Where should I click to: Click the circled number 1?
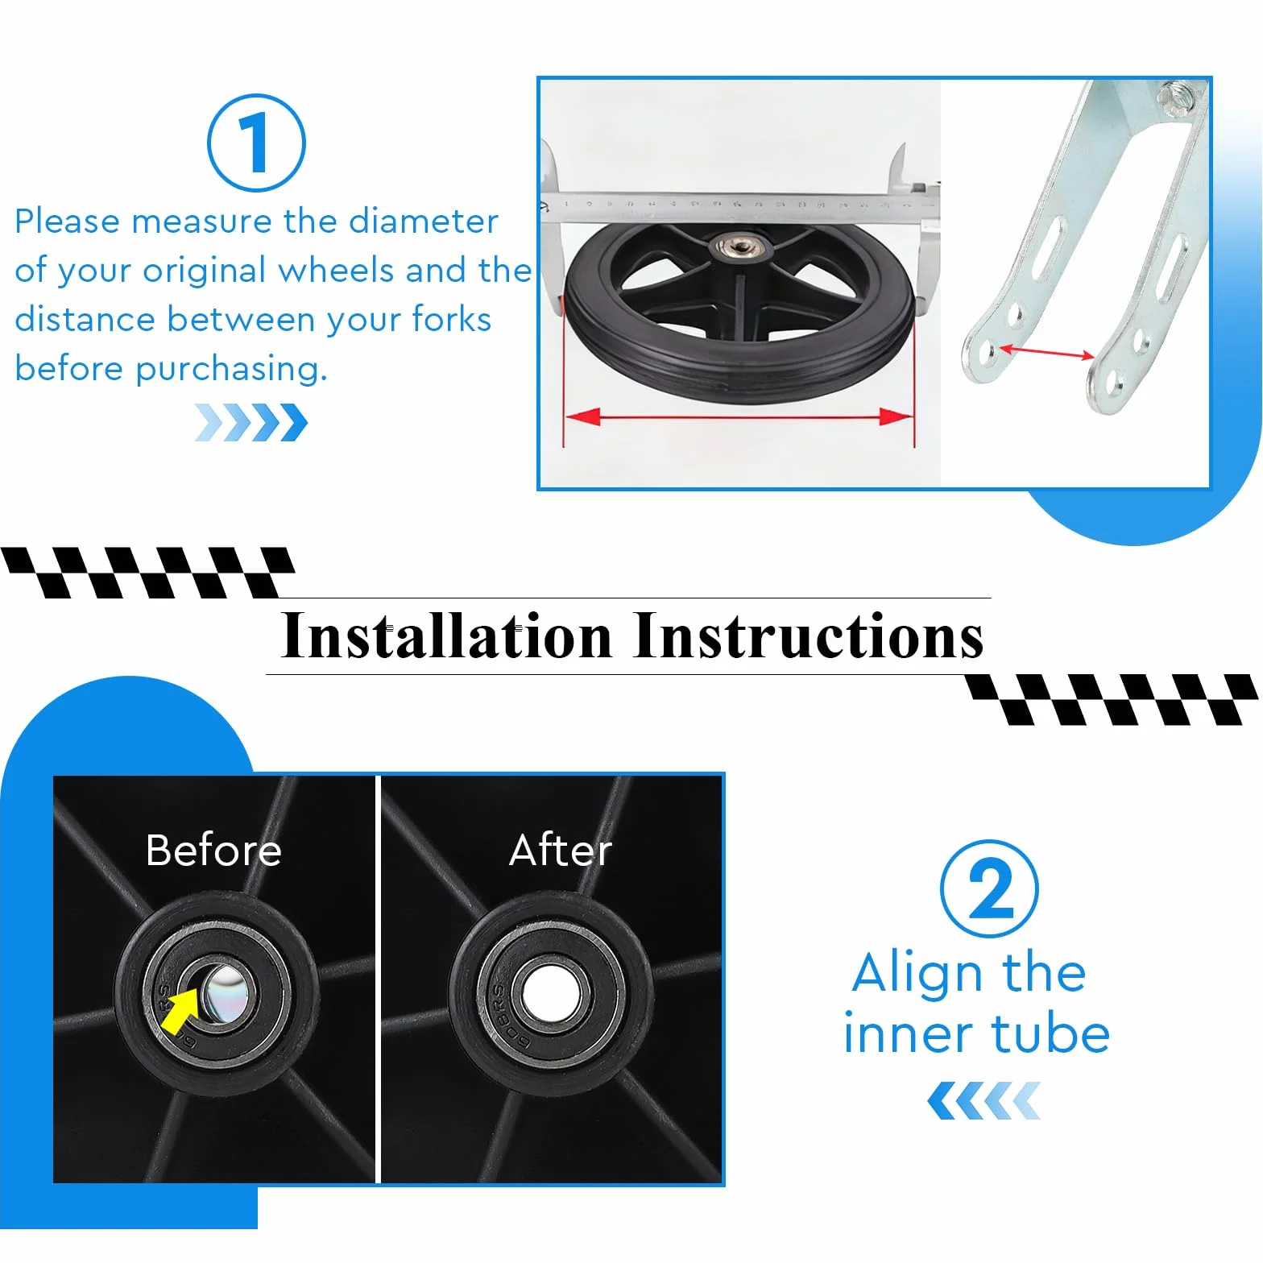point(256,143)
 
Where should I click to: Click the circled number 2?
point(989,888)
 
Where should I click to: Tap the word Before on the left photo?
point(213,850)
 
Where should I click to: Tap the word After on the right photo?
point(561,850)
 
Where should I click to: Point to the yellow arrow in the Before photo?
point(180,1012)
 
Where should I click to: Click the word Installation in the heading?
point(446,636)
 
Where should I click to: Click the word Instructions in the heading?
point(808,636)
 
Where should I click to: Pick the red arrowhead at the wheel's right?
point(896,416)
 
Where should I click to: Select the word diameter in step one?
point(424,221)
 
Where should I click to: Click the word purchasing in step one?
point(231,370)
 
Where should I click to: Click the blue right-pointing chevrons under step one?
point(251,423)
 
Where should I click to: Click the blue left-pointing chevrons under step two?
point(983,1101)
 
